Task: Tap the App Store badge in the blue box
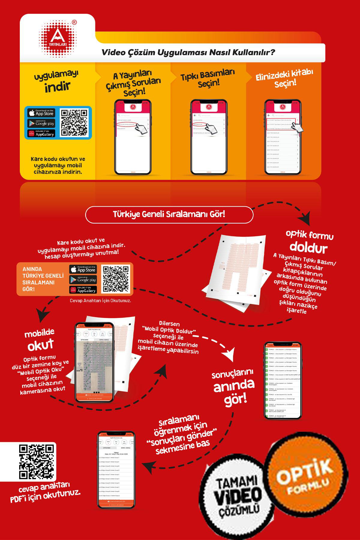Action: click(41, 113)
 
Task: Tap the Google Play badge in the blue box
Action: click(41, 123)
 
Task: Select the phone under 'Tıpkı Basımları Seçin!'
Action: click(209, 137)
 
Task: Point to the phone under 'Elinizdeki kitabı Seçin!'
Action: click(283, 137)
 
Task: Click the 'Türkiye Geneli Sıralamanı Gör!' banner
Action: click(169, 214)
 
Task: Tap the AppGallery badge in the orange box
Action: click(83, 290)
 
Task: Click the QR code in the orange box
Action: click(115, 279)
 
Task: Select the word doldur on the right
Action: click(308, 248)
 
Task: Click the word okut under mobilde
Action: click(40, 345)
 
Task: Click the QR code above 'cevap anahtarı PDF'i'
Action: click(37, 462)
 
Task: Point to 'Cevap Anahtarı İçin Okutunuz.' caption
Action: click(100, 300)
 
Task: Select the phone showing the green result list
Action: click(282, 380)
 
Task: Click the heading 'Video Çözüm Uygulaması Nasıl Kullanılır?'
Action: click(188, 52)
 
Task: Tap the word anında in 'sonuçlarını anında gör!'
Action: click(234, 385)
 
